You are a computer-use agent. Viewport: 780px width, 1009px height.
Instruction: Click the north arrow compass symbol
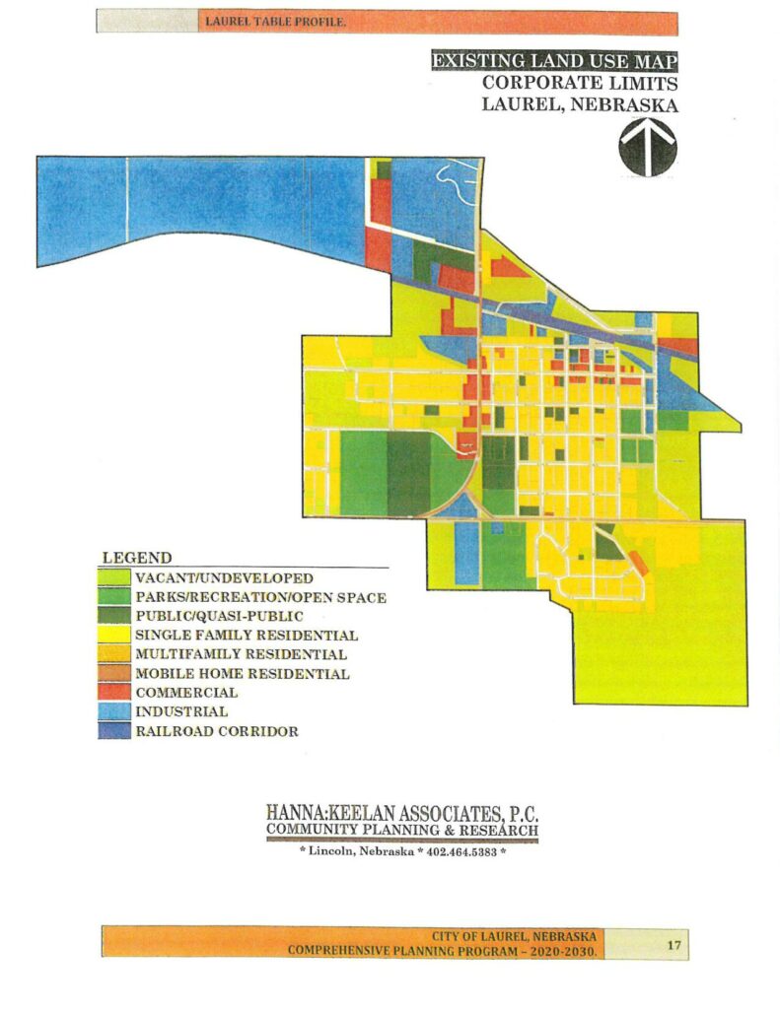(x=647, y=147)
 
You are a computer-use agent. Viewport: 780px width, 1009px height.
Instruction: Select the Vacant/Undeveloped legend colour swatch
(x=115, y=578)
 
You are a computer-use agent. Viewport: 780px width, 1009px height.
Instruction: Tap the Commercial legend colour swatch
(x=115, y=693)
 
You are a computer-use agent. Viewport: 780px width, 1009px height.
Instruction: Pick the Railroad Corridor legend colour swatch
(x=115, y=731)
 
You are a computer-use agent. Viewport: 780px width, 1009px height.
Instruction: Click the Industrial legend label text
(x=182, y=711)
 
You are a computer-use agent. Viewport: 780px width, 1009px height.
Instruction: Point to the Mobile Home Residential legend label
(x=243, y=674)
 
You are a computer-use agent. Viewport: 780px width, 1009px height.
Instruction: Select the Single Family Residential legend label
(x=247, y=636)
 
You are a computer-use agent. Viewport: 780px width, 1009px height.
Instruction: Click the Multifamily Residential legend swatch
(x=115, y=654)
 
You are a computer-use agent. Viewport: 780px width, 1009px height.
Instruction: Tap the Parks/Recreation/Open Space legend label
(x=261, y=597)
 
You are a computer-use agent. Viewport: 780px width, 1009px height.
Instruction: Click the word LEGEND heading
(x=137, y=558)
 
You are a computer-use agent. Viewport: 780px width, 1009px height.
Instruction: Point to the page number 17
(x=674, y=945)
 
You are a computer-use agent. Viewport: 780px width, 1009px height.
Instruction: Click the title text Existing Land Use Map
(x=555, y=62)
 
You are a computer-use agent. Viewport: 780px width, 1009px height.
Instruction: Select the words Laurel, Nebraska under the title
(x=580, y=104)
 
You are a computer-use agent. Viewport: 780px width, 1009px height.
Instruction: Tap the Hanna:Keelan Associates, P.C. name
(x=402, y=813)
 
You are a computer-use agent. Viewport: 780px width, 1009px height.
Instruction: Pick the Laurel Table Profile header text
(x=275, y=21)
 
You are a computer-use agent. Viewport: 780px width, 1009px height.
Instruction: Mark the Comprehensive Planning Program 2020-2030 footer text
(x=442, y=951)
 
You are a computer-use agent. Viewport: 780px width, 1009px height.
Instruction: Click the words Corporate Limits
(x=580, y=83)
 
